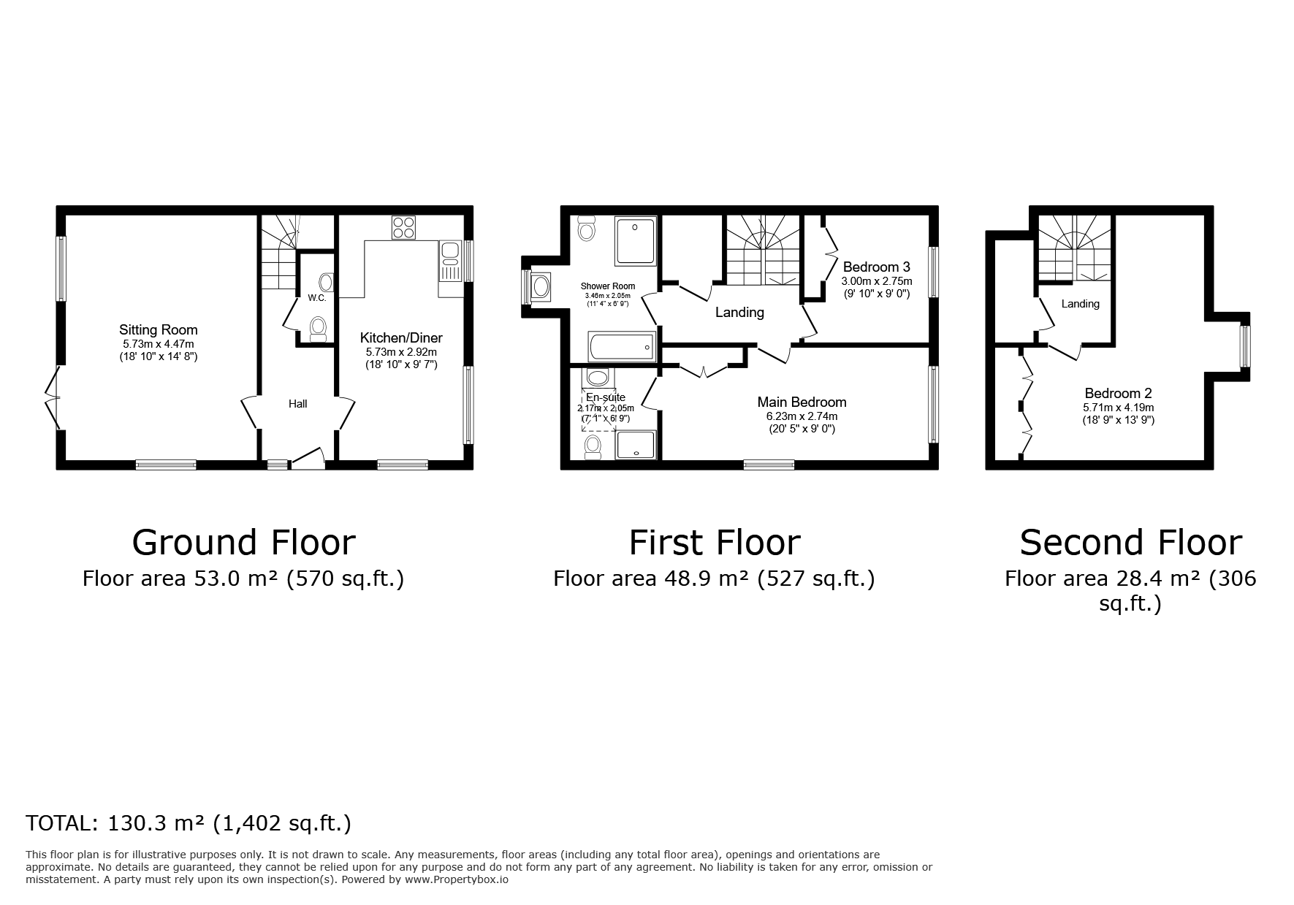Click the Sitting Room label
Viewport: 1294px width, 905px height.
click(159, 330)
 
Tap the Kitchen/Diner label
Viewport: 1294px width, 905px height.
click(401, 338)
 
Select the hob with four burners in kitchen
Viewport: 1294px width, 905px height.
click(403, 228)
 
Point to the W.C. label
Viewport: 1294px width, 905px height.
click(316, 298)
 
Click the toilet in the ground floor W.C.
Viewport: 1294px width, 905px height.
click(318, 329)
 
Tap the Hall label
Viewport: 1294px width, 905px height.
click(297, 404)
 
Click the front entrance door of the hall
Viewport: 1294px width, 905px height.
click(308, 458)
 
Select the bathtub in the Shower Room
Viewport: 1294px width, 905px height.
click(620, 346)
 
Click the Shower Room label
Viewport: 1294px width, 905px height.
click(608, 286)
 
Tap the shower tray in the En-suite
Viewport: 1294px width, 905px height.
click(636, 445)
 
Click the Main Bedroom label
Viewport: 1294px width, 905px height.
click(802, 402)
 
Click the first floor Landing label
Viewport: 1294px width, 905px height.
click(739, 313)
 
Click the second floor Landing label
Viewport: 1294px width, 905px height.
click(1080, 304)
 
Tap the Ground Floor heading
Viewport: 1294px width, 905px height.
click(243, 543)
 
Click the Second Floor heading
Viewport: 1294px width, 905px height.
click(1130, 543)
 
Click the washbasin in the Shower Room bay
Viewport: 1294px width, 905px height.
click(541, 286)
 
